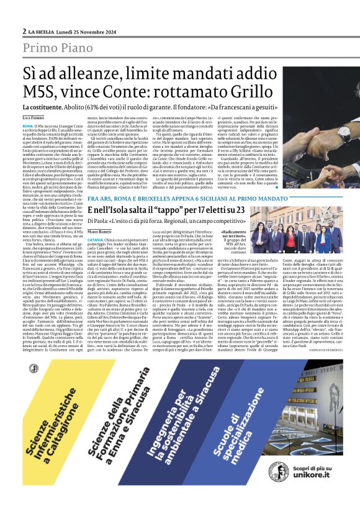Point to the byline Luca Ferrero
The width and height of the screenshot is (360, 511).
[34, 117]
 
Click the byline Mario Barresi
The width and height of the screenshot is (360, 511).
[100, 230]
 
